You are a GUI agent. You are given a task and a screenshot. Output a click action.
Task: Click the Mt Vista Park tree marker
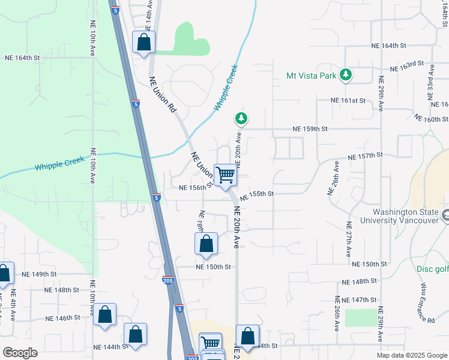(x=345, y=75)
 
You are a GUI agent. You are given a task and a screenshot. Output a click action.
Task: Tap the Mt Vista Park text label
(x=312, y=76)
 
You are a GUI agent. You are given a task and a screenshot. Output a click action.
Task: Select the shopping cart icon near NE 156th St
(x=226, y=175)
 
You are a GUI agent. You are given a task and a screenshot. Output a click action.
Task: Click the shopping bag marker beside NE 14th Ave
(x=143, y=43)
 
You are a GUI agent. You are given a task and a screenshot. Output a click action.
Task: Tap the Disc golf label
(x=433, y=269)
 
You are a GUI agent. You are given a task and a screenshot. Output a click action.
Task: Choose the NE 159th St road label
(x=310, y=129)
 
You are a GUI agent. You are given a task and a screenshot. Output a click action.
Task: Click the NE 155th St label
(x=257, y=194)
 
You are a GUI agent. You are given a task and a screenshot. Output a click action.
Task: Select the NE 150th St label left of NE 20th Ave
(x=213, y=267)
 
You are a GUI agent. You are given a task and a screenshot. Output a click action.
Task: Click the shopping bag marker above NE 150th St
(x=206, y=244)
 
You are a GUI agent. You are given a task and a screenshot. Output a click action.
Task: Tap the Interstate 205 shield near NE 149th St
(x=169, y=280)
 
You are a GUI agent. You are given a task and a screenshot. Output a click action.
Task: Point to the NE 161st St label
(x=348, y=101)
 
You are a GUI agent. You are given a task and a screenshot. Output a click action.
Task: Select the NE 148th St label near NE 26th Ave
(x=359, y=281)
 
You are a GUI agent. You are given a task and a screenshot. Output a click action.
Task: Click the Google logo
(x=20, y=353)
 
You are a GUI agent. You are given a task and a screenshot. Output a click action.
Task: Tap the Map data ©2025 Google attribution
(x=411, y=355)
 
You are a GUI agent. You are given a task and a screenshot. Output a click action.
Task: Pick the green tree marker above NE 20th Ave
(x=241, y=118)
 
